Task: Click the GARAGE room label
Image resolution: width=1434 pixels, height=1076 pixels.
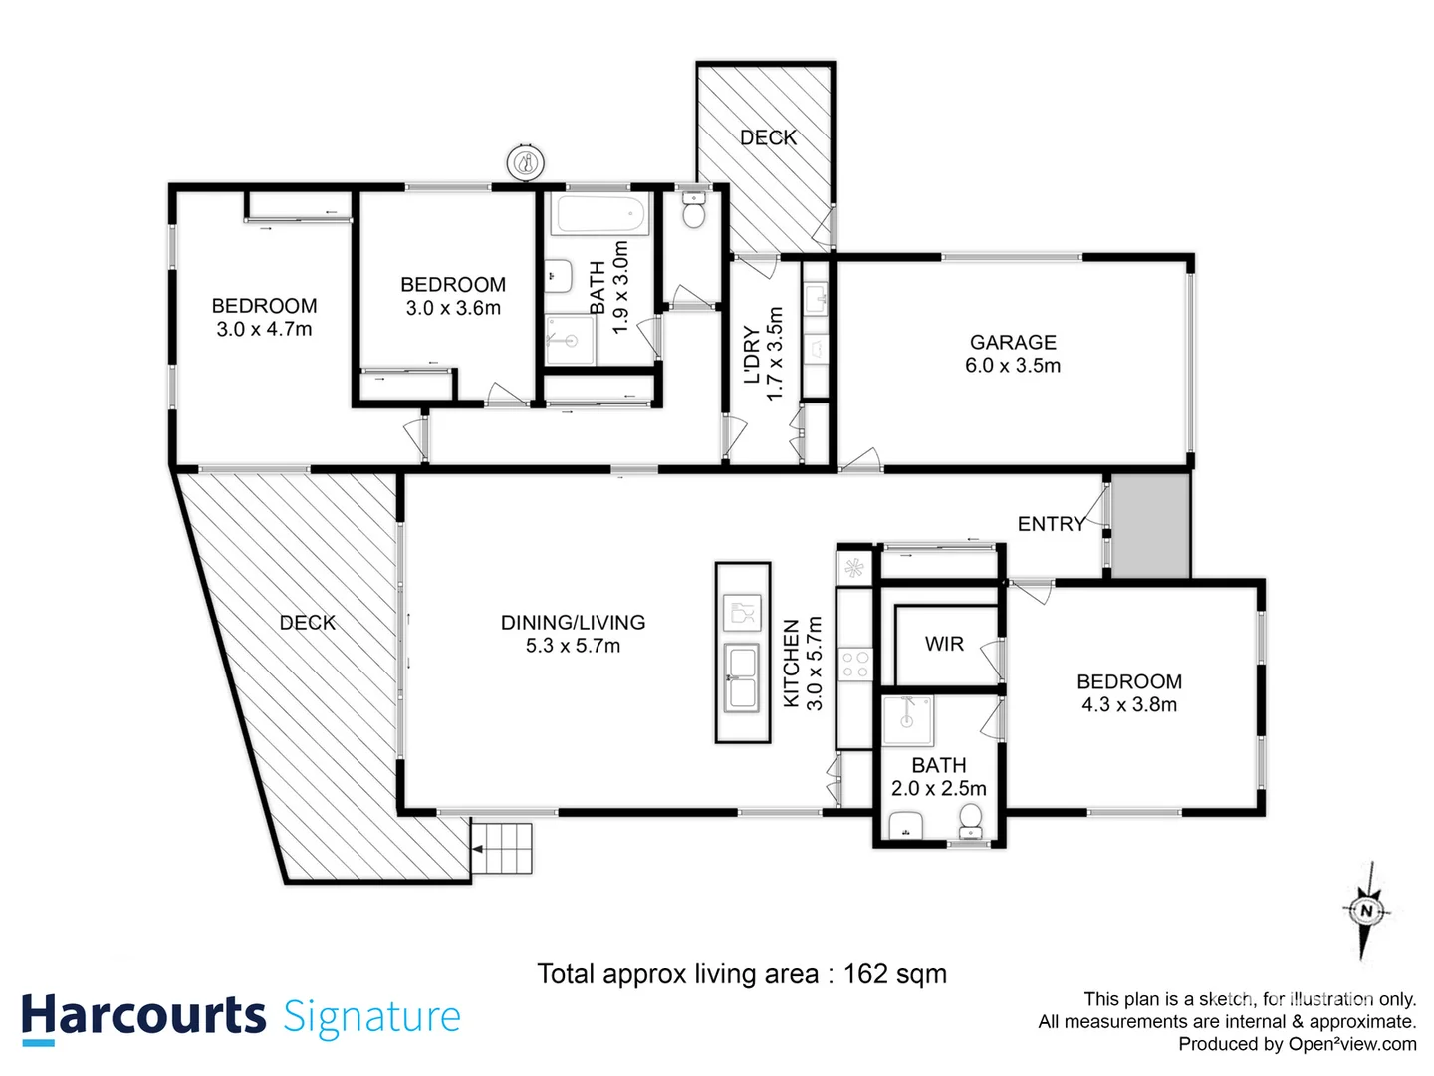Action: point(1013,342)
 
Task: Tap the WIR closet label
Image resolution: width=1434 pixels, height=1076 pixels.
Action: point(944,644)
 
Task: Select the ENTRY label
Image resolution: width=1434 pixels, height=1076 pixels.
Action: point(1051,524)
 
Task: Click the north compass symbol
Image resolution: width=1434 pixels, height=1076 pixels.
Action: point(1366,910)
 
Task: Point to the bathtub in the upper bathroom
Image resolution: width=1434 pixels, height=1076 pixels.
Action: point(601,214)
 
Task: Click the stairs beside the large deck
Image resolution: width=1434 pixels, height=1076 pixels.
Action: point(502,849)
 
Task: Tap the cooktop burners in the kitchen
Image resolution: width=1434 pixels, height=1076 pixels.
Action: point(855,664)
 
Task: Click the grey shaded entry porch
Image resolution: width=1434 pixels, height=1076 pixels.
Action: point(1150,525)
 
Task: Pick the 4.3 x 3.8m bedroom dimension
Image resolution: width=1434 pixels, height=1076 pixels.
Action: point(1129,705)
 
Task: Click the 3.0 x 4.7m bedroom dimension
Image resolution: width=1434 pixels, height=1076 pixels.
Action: point(264,330)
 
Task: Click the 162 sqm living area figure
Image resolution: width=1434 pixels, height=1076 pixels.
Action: point(894,974)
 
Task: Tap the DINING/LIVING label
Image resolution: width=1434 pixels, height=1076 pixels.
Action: point(573,623)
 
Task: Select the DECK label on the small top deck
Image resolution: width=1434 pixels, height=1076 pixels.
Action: point(768,137)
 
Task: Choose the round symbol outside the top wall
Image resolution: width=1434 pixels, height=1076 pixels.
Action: point(525,161)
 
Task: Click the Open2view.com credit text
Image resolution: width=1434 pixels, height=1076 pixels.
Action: point(1351,1044)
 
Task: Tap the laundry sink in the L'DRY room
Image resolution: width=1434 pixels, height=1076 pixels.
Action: point(817,297)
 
